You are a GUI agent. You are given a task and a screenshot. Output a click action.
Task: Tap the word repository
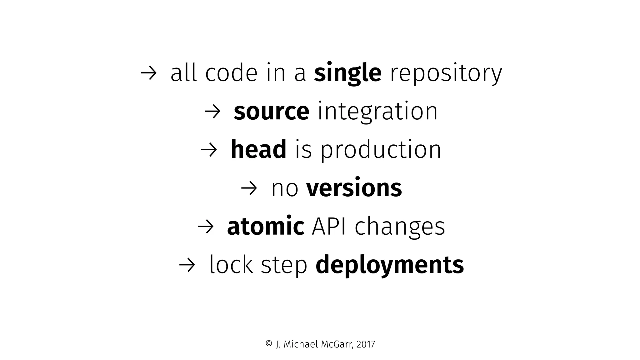446,74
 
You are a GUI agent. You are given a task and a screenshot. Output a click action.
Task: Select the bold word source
271,112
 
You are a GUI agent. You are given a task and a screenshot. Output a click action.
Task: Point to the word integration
377,112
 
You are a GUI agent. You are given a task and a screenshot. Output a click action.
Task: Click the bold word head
258,149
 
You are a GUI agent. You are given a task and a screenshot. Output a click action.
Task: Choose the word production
381,150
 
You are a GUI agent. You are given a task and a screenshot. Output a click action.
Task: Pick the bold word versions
354,188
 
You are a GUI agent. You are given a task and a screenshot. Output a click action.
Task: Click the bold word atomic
265,226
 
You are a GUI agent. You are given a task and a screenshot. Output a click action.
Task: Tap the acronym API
329,226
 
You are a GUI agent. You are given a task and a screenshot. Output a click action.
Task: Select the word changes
400,227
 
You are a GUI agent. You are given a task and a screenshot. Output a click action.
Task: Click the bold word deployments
390,265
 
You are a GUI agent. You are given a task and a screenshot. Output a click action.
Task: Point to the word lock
231,265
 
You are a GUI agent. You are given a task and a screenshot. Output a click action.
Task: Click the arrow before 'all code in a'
148,74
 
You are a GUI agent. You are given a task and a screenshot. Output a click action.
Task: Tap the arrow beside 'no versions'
249,188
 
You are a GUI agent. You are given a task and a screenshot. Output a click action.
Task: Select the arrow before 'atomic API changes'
205,227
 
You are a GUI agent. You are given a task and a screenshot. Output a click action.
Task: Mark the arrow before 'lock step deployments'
187,265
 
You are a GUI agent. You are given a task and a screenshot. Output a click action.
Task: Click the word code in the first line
231,74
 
